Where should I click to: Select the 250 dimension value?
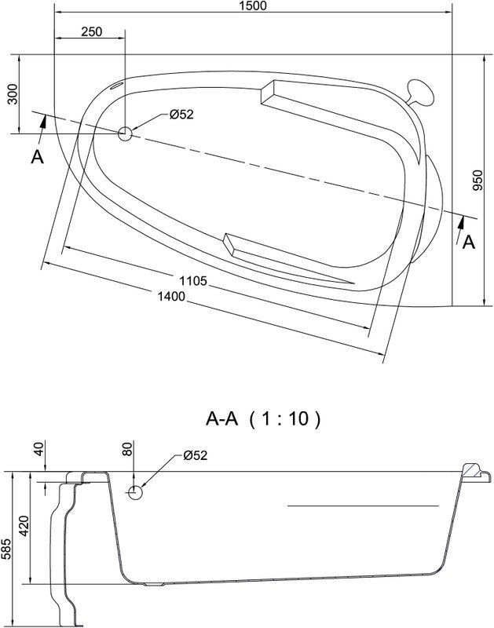click(91, 31)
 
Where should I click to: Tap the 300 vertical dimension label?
click(13, 93)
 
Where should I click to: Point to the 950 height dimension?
click(478, 181)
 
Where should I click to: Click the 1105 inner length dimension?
click(192, 281)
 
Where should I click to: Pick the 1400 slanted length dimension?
click(171, 297)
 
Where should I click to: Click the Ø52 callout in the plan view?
click(181, 115)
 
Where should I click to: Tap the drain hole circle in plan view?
click(125, 133)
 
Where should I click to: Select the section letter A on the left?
click(37, 157)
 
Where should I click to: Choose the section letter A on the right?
click(468, 242)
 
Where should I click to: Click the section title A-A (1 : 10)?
click(263, 419)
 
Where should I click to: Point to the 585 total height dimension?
click(5, 547)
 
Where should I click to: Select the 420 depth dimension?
click(24, 526)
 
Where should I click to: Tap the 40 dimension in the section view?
click(38, 448)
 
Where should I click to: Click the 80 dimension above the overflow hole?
click(127, 448)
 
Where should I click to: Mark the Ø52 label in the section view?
click(195, 455)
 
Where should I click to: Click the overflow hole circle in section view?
click(135, 493)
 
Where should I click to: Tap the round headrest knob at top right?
click(420, 93)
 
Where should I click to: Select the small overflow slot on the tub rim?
click(116, 86)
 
